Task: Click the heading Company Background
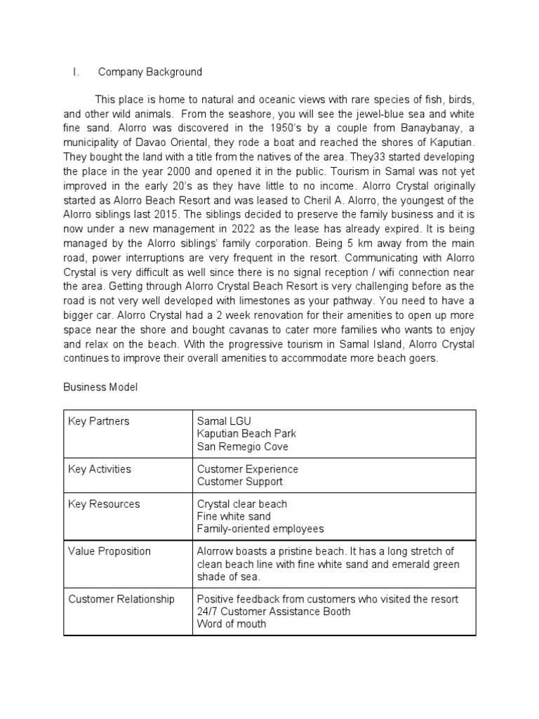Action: (x=149, y=72)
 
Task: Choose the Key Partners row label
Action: (x=99, y=421)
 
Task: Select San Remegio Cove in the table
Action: (x=242, y=447)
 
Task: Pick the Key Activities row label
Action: (x=100, y=469)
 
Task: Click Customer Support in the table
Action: (x=240, y=482)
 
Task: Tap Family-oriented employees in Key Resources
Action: (x=260, y=529)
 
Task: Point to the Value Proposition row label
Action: (x=109, y=551)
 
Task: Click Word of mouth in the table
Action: (x=232, y=624)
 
